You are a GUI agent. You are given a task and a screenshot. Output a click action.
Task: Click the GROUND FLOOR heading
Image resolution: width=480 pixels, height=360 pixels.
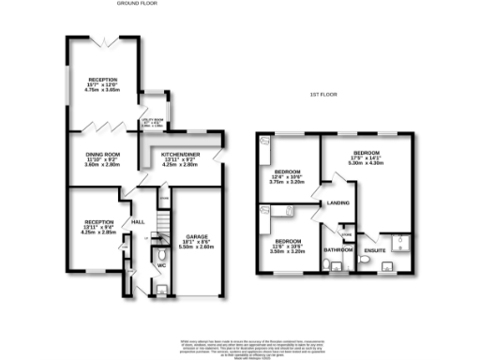point(136,4)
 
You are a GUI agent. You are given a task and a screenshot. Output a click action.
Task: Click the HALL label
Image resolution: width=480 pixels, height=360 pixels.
point(138,221)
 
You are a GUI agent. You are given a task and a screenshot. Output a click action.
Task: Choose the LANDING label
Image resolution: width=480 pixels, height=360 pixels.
point(337,202)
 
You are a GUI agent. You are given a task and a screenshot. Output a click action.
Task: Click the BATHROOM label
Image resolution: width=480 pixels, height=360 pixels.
point(337,250)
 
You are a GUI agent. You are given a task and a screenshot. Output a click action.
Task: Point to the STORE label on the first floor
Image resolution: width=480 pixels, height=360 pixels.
point(346,233)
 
